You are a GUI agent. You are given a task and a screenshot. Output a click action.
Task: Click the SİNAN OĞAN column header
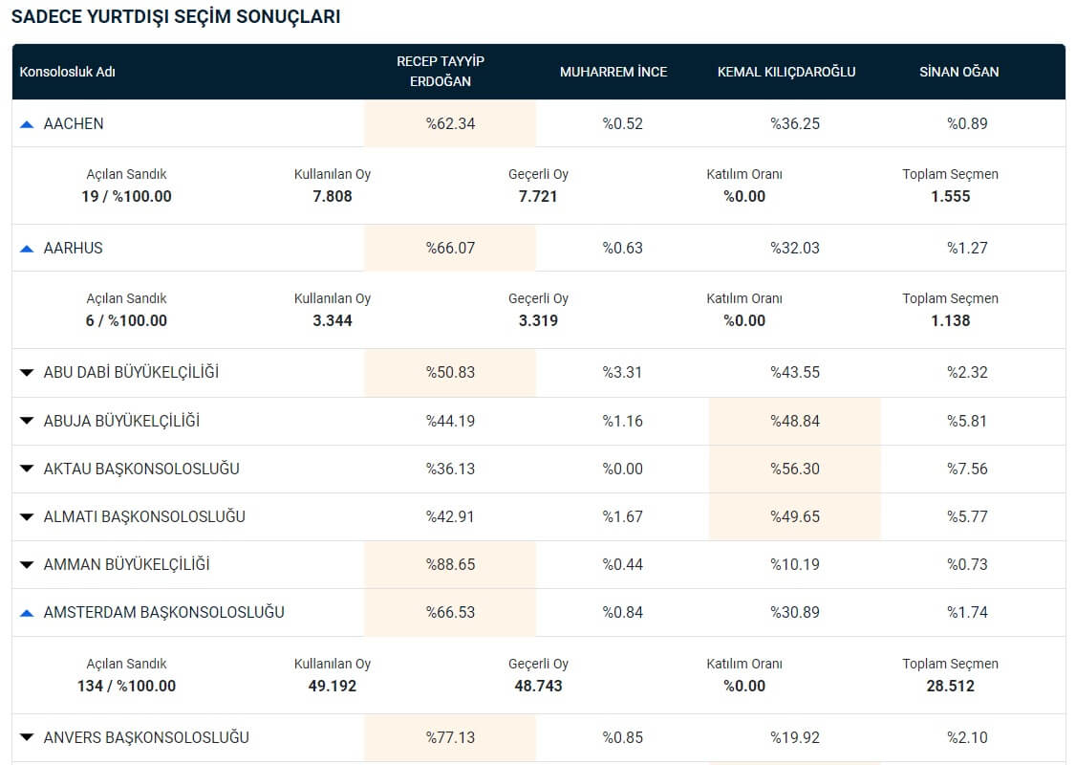[958, 72]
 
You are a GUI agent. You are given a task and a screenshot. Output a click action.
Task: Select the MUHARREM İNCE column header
[613, 72]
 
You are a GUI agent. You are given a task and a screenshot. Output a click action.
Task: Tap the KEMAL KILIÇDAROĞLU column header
[786, 72]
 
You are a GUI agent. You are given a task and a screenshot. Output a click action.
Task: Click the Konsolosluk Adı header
[67, 72]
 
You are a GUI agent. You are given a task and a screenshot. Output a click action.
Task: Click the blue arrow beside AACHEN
[27, 124]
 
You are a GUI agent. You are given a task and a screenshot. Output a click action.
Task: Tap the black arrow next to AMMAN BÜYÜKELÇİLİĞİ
[27, 565]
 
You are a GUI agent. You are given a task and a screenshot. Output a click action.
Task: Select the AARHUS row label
[73, 248]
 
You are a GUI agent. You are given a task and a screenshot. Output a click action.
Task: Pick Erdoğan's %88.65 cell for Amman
[450, 564]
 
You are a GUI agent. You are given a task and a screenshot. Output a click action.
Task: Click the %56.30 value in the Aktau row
[795, 469]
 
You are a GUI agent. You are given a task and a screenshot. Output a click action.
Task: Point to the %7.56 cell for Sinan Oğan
[968, 469]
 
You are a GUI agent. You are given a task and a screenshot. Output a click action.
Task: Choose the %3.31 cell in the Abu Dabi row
[622, 372]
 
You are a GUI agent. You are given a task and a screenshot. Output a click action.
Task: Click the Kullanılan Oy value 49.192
[333, 686]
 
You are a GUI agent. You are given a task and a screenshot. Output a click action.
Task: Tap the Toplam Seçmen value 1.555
[951, 196]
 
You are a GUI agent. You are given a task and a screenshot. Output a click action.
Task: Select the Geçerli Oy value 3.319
[538, 320]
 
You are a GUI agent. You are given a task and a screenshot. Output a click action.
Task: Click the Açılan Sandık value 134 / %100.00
[126, 686]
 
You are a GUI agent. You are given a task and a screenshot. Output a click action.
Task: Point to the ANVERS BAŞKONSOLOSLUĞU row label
[146, 737]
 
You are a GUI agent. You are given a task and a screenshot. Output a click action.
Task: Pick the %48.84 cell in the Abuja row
[795, 420]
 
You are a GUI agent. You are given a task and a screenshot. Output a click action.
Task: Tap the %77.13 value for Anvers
[450, 737]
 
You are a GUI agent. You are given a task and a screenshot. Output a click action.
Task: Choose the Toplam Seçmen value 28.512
[951, 686]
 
